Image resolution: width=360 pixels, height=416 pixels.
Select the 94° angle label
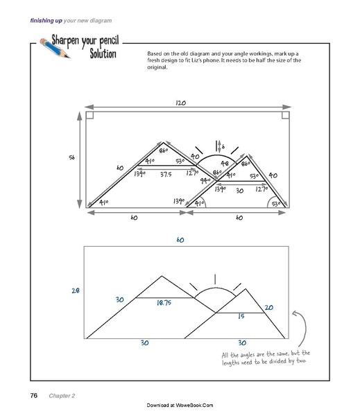205,180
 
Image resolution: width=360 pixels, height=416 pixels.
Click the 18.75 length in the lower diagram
164,303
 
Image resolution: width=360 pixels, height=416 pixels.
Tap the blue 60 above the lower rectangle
180,241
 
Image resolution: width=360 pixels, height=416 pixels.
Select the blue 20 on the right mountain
268,307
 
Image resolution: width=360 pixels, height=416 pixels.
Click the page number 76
33,395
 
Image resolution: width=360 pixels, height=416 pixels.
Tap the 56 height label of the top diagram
72,158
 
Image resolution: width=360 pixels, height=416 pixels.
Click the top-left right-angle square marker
90,116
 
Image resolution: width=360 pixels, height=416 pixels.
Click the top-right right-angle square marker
284,116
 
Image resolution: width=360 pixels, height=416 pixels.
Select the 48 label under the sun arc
224,164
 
